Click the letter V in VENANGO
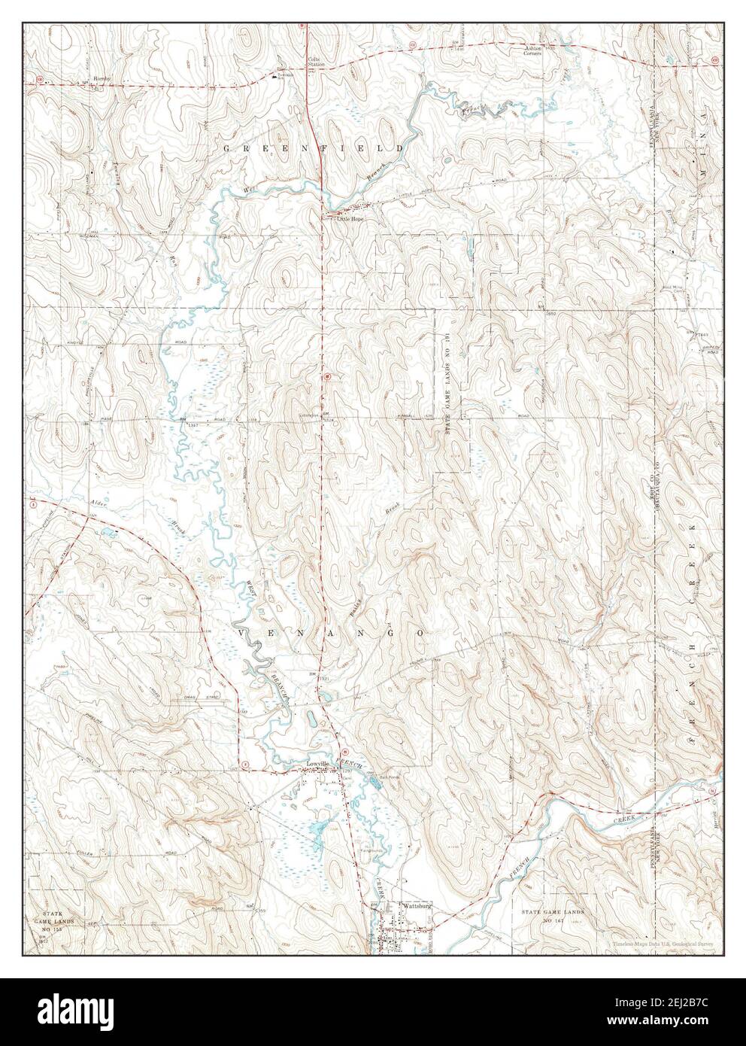(243, 634)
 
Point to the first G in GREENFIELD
(226, 150)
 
